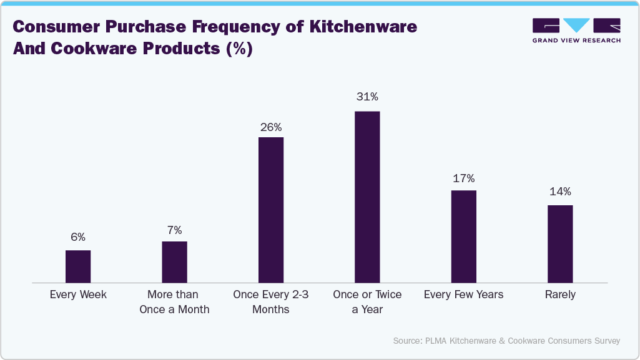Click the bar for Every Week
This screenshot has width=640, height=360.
[78, 267]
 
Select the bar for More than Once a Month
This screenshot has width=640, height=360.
[174, 263]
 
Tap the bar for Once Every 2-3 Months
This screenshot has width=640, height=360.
[270, 210]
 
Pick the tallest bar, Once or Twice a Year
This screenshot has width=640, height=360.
[367, 197]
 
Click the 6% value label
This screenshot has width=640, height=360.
[78, 237]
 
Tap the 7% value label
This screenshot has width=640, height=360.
[174, 229]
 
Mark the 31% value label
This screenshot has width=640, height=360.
[367, 97]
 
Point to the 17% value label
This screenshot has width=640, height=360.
[463, 178]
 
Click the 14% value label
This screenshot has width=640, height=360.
[560, 192]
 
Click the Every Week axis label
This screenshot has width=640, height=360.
[78, 294]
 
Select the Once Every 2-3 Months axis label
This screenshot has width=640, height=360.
[270, 301]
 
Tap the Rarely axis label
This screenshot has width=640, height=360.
[560, 294]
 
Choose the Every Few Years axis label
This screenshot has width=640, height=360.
[463, 294]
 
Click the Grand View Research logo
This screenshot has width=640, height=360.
[576, 31]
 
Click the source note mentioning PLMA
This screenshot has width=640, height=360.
[506, 341]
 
